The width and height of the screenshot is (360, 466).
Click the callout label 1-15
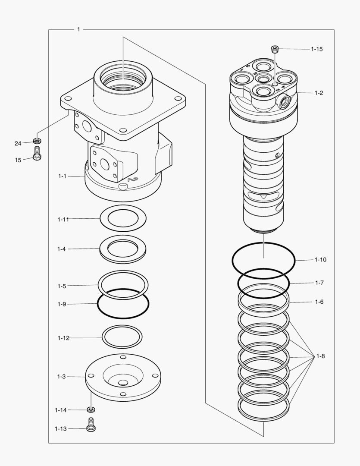[x=316, y=49]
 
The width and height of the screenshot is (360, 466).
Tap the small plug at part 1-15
[x=274, y=49]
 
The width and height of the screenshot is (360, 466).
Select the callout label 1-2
[x=319, y=93]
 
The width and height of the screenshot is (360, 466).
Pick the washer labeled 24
[x=37, y=141]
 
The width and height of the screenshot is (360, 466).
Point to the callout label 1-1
[x=63, y=176]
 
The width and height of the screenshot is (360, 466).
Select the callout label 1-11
[x=63, y=219]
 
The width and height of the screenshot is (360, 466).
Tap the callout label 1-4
[x=62, y=249]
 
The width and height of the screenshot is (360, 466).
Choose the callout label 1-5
[x=62, y=286]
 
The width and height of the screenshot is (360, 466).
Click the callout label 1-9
[x=62, y=304]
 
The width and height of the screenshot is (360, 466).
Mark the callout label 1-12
[x=63, y=338]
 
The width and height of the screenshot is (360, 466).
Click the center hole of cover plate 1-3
[x=123, y=383]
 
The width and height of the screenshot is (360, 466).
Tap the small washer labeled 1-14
[x=91, y=409]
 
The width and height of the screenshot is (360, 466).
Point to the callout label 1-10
[x=320, y=260]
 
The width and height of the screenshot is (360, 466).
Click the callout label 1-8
[x=320, y=356]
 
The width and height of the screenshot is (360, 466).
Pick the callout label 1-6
[x=319, y=302]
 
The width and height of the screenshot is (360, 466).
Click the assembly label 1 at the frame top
[x=78, y=29]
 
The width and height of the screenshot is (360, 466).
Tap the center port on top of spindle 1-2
[x=263, y=78]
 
